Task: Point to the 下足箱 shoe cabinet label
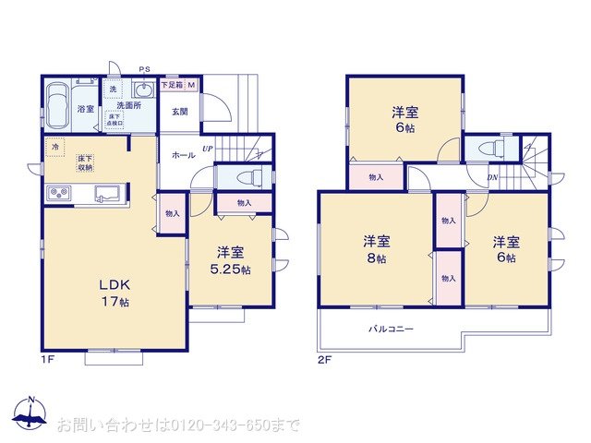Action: tap(174, 86)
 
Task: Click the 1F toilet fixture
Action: tap(245, 177)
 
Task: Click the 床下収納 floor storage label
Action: tap(86, 163)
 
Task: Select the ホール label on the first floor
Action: tap(184, 155)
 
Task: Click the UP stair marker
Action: tap(208, 148)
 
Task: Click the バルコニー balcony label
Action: tap(392, 329)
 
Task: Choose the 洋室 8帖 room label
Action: tap(377, 249)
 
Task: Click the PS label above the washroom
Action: tap(144, 69)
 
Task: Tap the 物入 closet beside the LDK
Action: tap(173, 213)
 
